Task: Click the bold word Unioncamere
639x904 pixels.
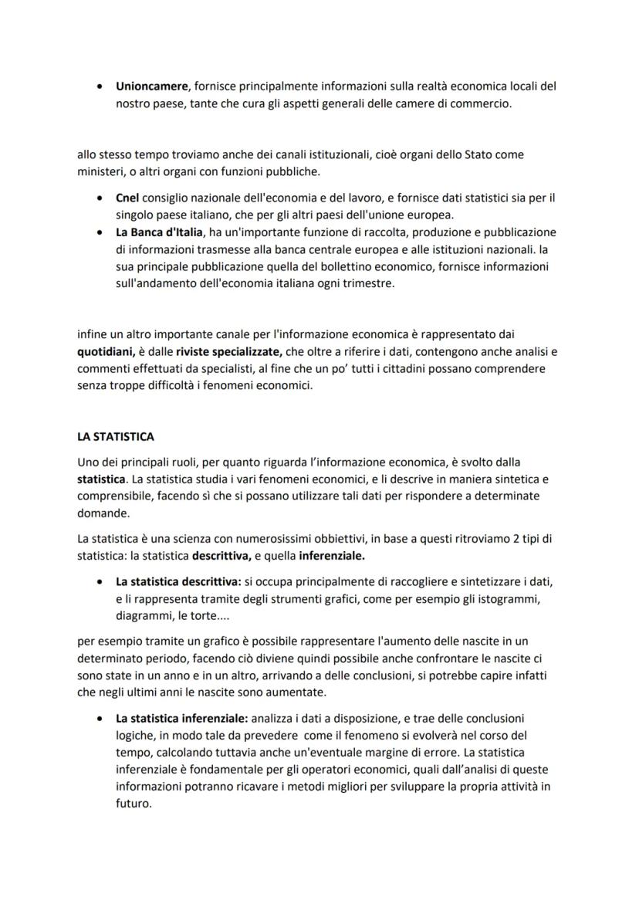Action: click(x=152, y=86)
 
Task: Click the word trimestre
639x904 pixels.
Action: click(x=367, y=283)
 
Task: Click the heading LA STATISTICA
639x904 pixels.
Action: click(x=116, y=437)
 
